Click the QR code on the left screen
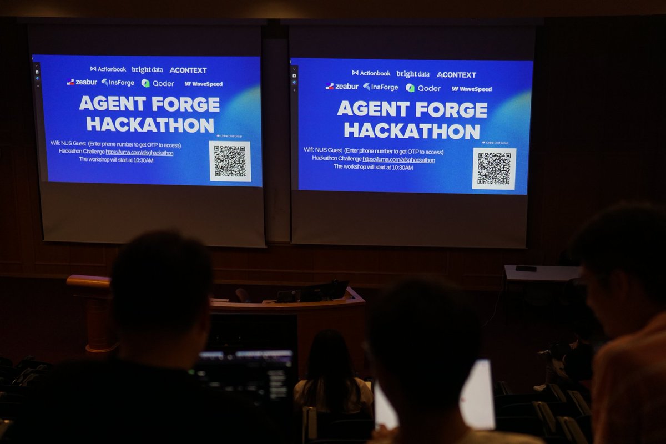click(230, 161)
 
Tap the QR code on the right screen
click(494, 168)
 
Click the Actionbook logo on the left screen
click(108, 69)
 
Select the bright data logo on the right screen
click(413, 74)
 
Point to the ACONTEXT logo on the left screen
click(188, 70)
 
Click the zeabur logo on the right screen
click(342, 87)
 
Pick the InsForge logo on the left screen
click(118, 83)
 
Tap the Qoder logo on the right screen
click(423, 88)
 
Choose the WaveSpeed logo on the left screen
click(204, 84)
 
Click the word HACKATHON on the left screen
click(150, 124)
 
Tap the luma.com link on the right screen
click(398, 160)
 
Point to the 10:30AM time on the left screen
click(142, 159)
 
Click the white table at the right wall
click(541, 273)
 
